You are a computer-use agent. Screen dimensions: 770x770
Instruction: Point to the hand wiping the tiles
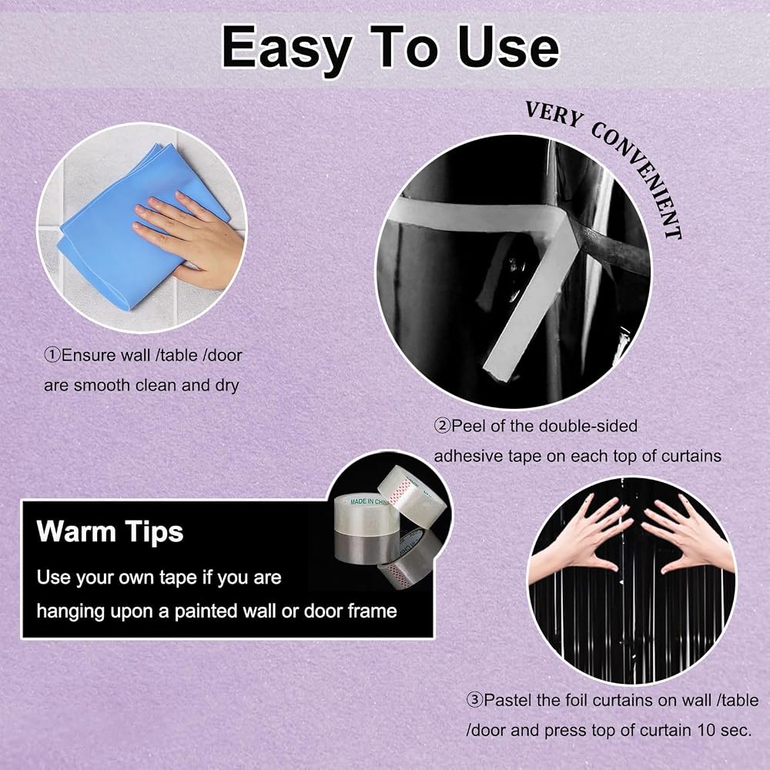[192, 236]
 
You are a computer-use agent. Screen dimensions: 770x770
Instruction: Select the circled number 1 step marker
[52, 354]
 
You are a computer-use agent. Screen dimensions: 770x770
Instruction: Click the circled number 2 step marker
[442, 425]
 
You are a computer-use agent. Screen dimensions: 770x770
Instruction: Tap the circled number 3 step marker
[474, 699]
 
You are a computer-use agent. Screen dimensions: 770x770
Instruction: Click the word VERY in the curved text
[554, 115]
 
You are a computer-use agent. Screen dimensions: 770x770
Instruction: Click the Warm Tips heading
[109, 532]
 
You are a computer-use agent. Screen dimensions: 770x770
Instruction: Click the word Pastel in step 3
[507, 700]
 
